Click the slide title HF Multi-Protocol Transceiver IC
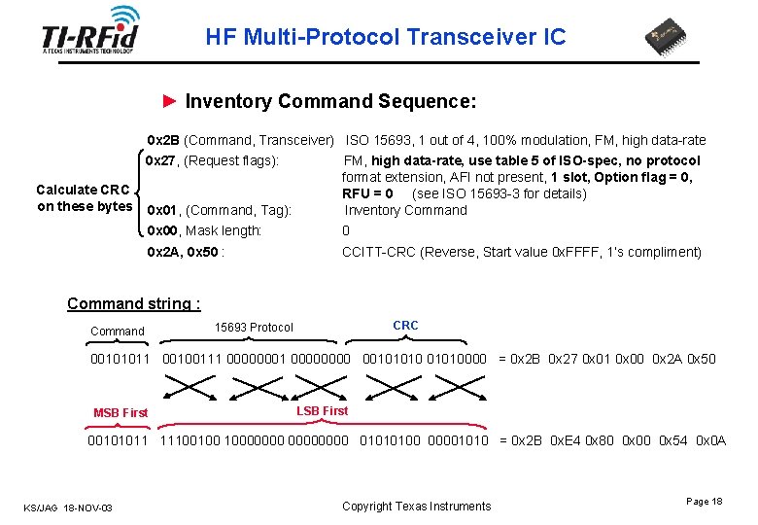pos(385,38)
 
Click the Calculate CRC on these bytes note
pos(84,198)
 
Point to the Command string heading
pos(133,303)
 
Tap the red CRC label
pos(405,326)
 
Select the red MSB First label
pos(121,413)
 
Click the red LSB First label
pos(321,411)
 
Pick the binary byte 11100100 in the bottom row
pos(190,440)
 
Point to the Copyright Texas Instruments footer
pos(417,507)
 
